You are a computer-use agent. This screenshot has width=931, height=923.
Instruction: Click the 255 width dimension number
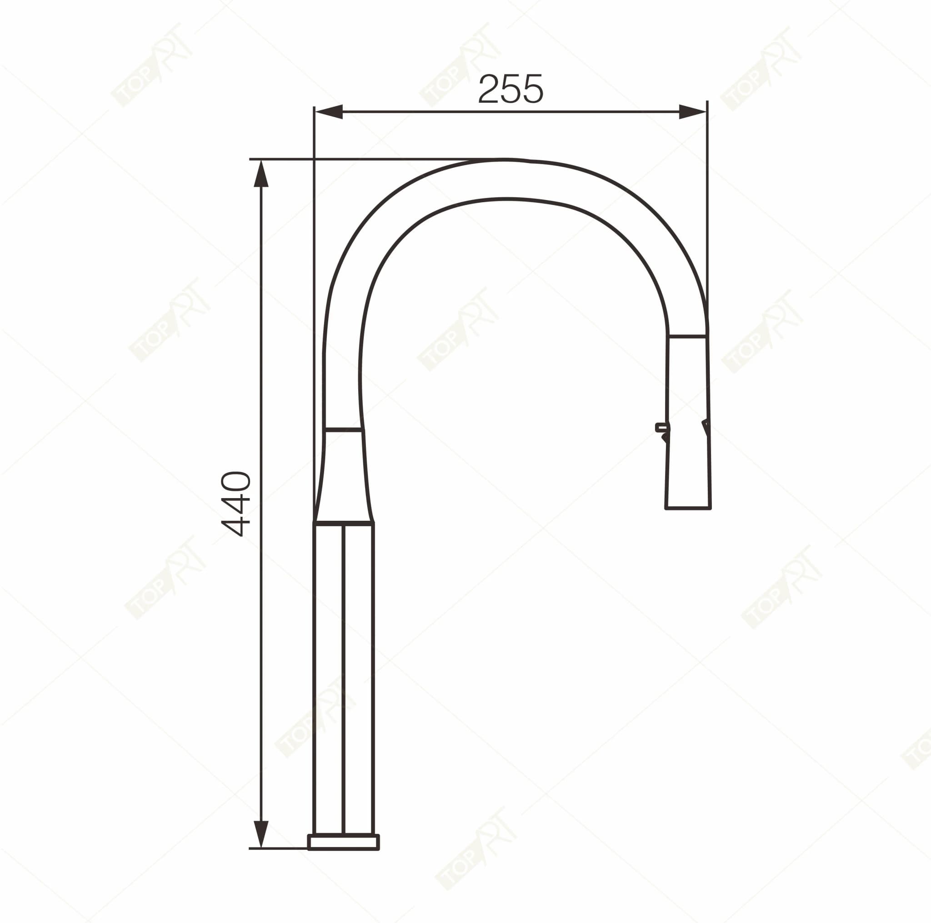[511, 89]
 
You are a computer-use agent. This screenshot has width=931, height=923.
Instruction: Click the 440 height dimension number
[235, 504]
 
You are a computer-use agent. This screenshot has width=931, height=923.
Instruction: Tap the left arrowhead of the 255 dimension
[329, 112]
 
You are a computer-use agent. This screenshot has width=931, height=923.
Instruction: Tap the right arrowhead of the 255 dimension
[692, 112]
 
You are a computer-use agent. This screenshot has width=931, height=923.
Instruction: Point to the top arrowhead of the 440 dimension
[260, 174]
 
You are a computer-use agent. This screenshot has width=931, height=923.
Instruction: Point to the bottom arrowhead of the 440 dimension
[260, 834]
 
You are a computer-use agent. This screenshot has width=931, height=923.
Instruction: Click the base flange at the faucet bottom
[344, 842]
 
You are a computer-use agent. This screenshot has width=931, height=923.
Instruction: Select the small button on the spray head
[661, 427]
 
